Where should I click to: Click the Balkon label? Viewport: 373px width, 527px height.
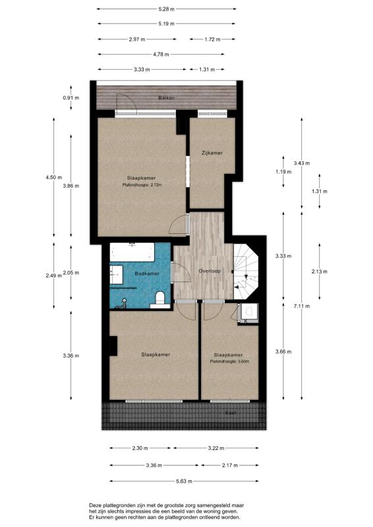pyautogui.click(x=166, y=98)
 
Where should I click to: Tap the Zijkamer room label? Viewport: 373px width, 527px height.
pyautogui.click(x=212, y=153)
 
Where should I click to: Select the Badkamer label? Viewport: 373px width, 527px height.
pyautogui.click(x=146, y=273)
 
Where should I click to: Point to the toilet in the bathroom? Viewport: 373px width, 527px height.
pyautogui.click(x=158, y=300)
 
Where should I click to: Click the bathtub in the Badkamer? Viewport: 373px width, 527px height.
pyautogui.click(x=133, y=253)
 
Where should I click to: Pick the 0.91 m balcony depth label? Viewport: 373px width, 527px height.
pyautogui.click(x=71, y=97)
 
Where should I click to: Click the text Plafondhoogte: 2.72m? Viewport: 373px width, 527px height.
pyautogui.click(x=142, y=185)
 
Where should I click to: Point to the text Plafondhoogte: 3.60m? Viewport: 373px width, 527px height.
pyautogui.click(x=230, y=362)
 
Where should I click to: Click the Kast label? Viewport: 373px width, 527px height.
pyautogui.click(x=231, y=412)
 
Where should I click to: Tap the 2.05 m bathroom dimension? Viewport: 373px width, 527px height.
pyautogui.click(x=71, y=273)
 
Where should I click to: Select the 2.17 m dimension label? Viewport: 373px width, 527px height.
pyautogui.click(x=231, y=465)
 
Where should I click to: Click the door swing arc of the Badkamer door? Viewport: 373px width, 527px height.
pyautogui.click(x=177, y=270)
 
